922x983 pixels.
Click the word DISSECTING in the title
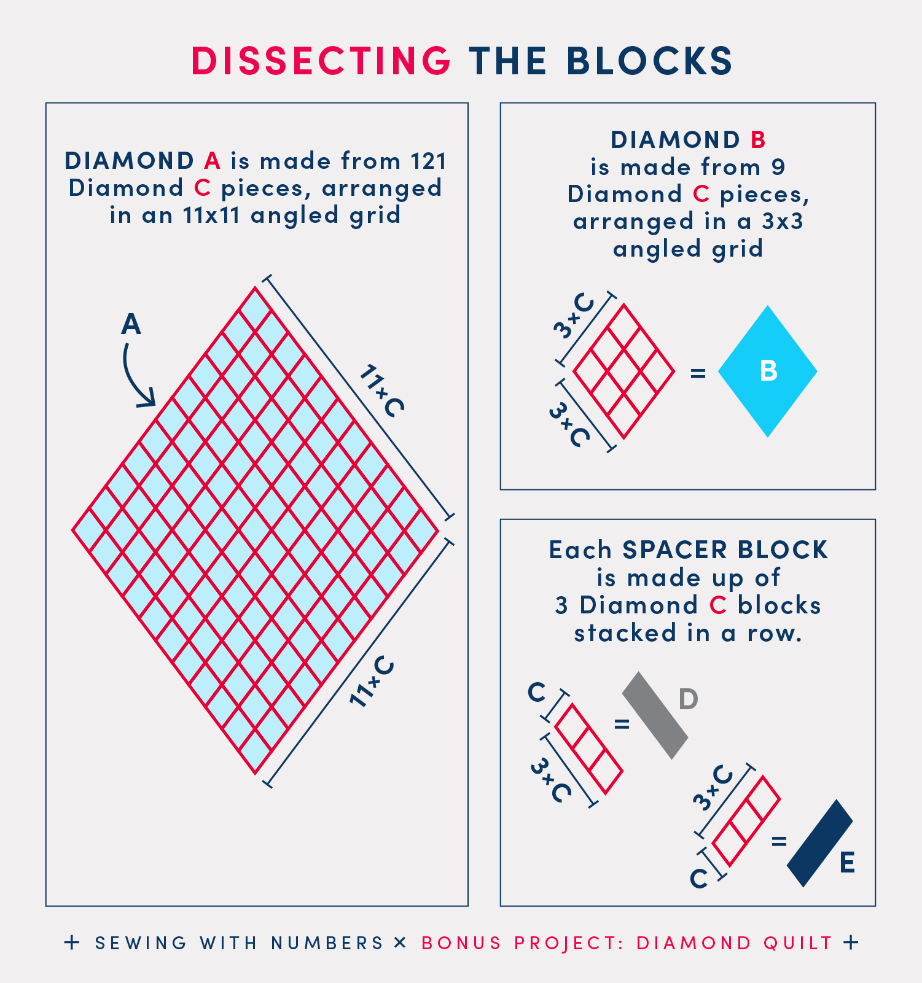coord(321,61)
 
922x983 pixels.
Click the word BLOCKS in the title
coord(649,61)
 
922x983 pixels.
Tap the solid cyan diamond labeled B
coord(768,371)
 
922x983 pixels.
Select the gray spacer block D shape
coord(655,715)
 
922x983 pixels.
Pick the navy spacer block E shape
coord(820,843)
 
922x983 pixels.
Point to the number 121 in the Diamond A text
coord(429,161)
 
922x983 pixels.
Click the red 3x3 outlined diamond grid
coord(623,371)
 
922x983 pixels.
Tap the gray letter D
coord(689,699)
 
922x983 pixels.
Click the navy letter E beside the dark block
coord(847,863)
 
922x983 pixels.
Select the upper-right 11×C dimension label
coord(381,390)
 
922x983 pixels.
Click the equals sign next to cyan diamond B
coord(698,373)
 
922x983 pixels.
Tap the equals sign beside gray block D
coord(622,725)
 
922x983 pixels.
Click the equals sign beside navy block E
coord(779,841)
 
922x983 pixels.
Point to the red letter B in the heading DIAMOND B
coord(758,140)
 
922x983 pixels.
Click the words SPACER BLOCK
coord(725,550)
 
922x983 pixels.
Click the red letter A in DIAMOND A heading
coord(212,161)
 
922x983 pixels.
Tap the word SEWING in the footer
coord(141,942)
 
